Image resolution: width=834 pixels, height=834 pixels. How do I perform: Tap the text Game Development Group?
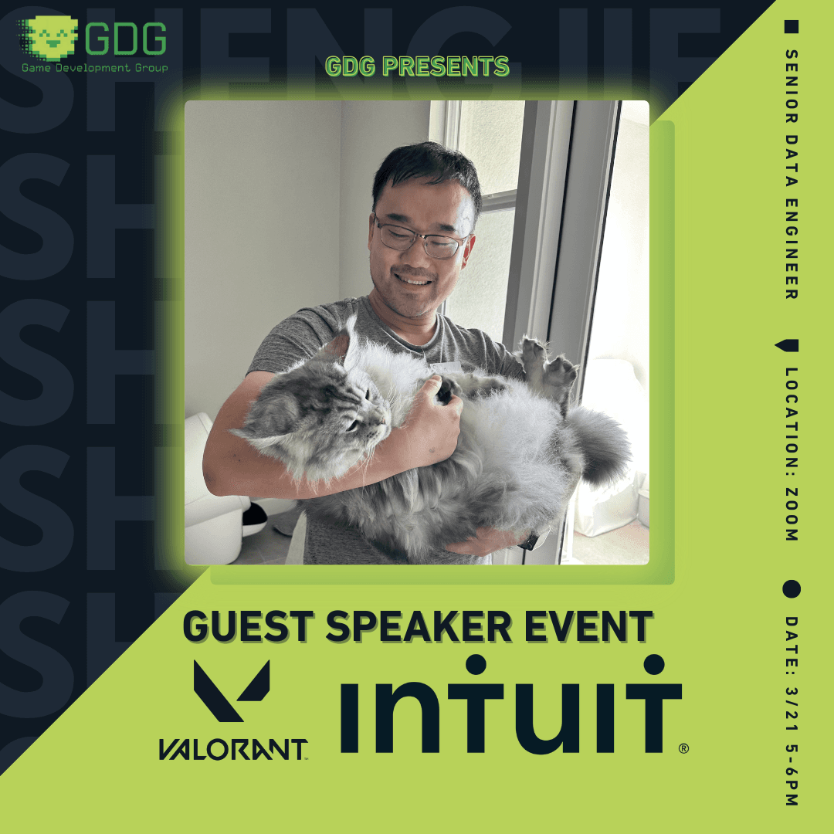[95, 67]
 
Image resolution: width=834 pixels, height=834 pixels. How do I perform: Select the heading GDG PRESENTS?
[417, 66]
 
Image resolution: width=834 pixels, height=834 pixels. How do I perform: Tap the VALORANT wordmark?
[232, 749]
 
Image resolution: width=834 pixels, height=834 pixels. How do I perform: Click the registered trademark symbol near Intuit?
[683, 748]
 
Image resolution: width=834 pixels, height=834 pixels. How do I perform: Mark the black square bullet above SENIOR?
[792, 28]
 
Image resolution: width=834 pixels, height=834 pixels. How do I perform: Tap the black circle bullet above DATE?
[792, 589]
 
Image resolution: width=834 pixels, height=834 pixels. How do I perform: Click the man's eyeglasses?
[421, 238]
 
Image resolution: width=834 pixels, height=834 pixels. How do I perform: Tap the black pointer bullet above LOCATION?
[792, 346]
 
